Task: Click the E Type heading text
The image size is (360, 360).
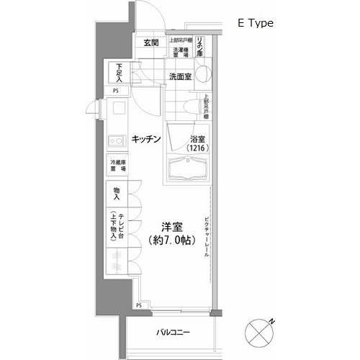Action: (x=256, y=23)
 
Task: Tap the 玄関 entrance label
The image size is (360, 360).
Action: (x=150, y=43)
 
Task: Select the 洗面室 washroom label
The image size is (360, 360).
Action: (x=180, y=76)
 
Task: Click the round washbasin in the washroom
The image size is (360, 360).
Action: (x=203, y=74)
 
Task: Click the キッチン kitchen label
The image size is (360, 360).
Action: (x=145, y=138)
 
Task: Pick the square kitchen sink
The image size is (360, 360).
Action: (x=115, y=109)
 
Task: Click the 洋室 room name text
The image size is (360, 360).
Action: (x=170, y=225)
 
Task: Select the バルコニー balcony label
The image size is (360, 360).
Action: (x=173, y=333)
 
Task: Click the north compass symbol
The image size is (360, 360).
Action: (x=260, y=332)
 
